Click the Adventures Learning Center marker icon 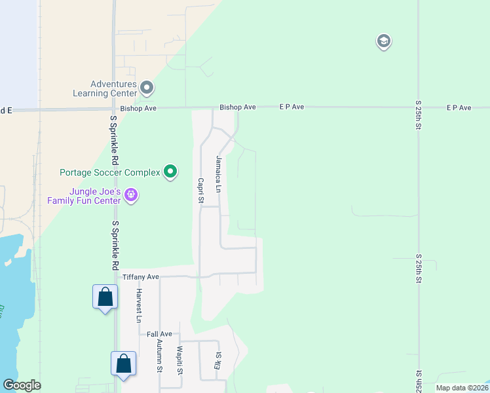pos(147,87)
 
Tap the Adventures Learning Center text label pos(104,88)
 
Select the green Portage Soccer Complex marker pos(170,172)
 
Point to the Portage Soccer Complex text pos(109,173)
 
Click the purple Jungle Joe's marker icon pos(131,195)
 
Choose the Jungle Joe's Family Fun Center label pos(84,196)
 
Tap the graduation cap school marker pos(383,42)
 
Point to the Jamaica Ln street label pos(219,174)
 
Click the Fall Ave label pos(159,334)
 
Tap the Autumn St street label pos(159,356)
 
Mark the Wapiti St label pos(178,358)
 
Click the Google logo pos(22,385)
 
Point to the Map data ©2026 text pos(461,388)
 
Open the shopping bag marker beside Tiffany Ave pos(105,297)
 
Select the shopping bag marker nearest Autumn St pos(124,364)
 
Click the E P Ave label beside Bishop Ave pos(292,107)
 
